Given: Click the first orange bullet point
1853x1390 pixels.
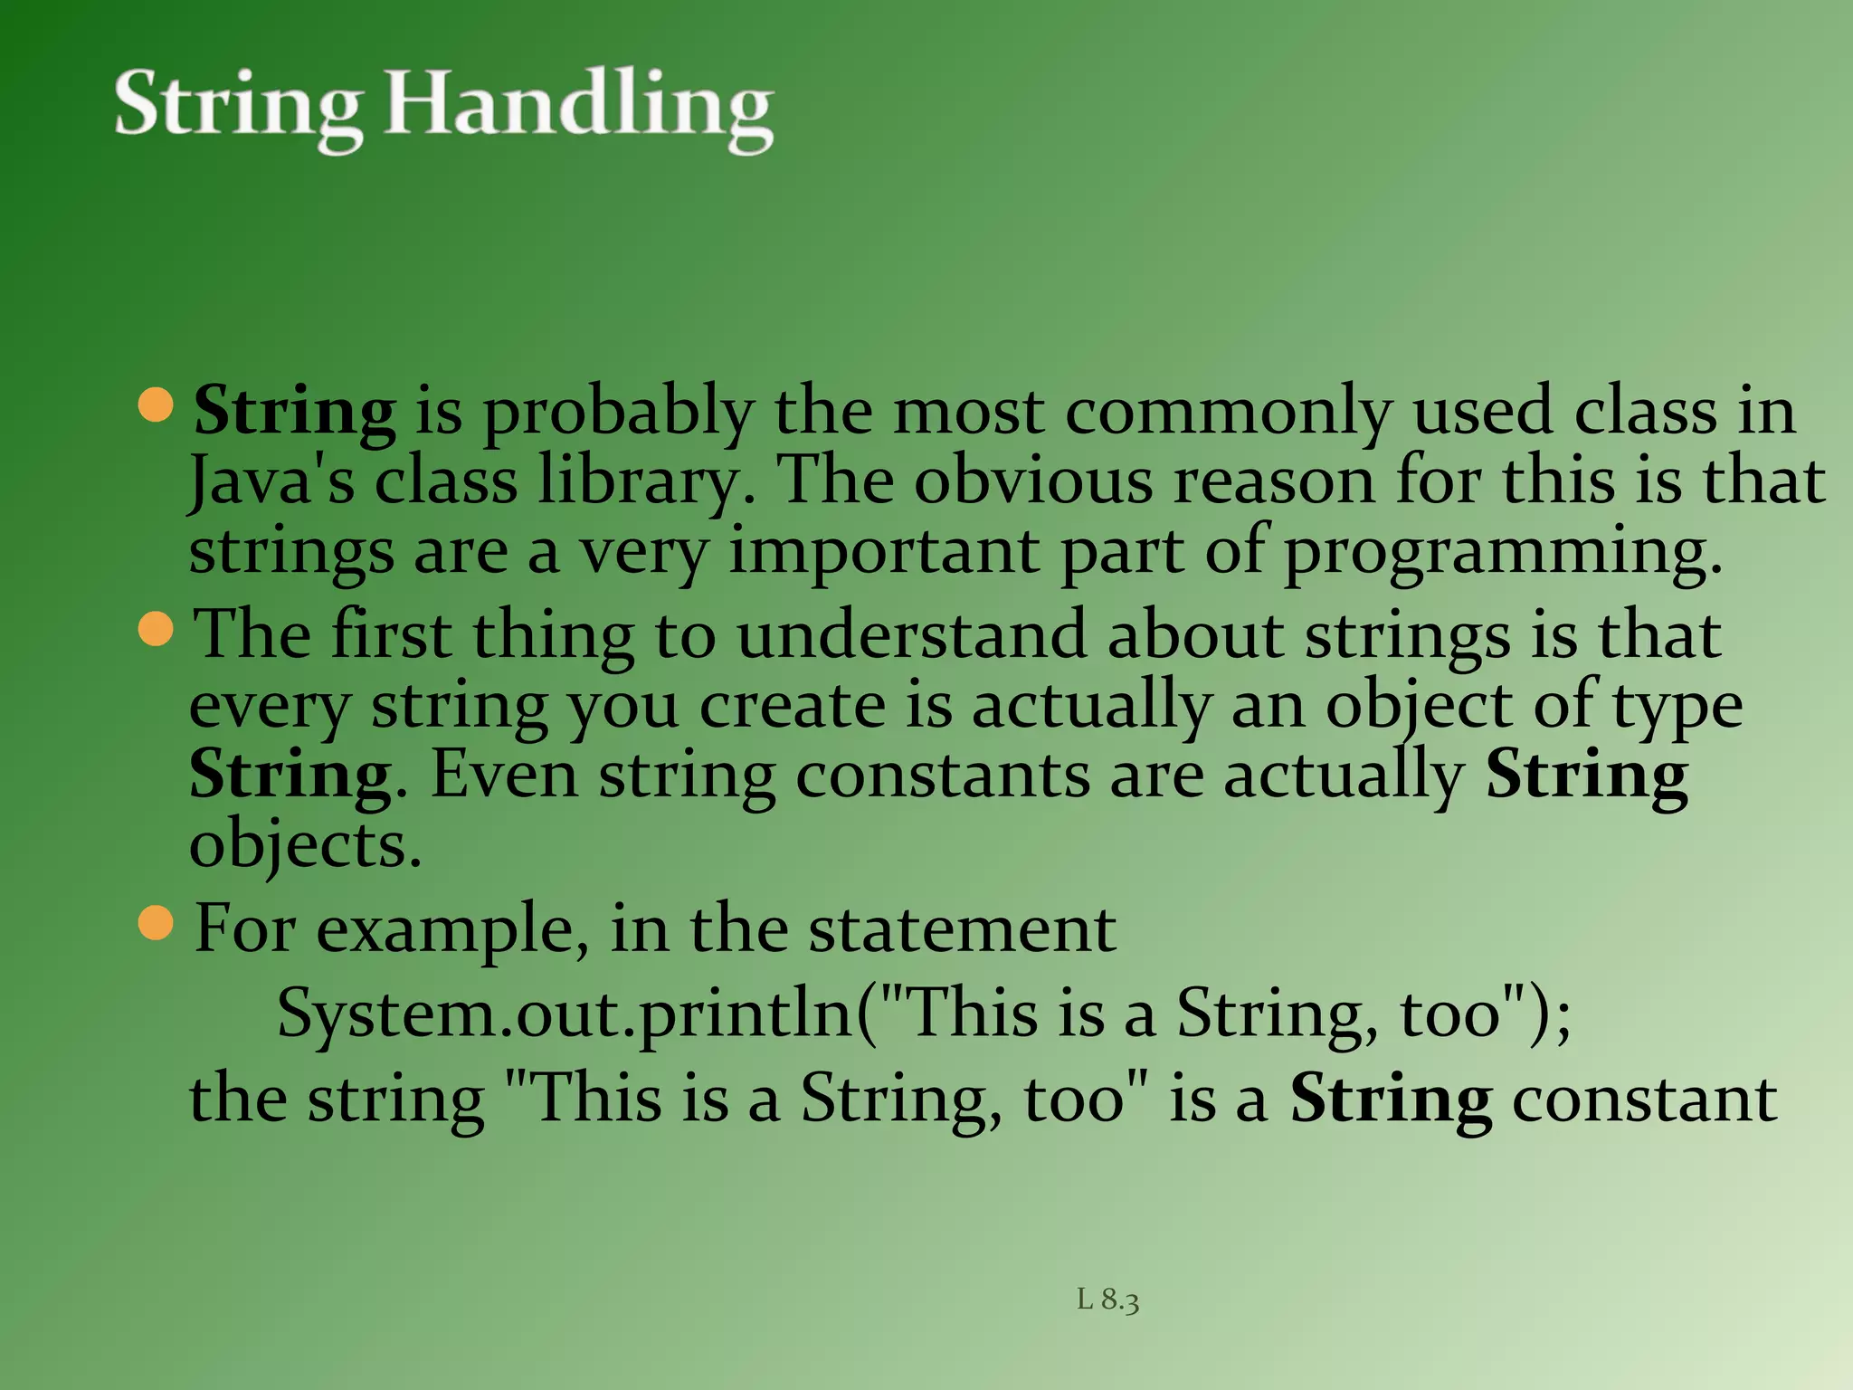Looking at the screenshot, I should point(157,405).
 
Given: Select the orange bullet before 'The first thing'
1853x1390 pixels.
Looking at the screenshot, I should point(157,629).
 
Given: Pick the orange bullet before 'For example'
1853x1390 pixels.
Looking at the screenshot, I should point(157,924).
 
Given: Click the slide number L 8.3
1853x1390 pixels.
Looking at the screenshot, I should point(1107,1300).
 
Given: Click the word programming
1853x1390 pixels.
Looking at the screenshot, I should point(1502,552).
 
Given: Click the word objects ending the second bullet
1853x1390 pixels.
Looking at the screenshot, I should point(305,846).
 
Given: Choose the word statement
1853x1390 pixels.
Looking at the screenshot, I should point(962,929).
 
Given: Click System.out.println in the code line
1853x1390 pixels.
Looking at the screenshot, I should point(565,1014).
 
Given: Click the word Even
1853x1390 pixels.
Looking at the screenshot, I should point(504,776).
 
